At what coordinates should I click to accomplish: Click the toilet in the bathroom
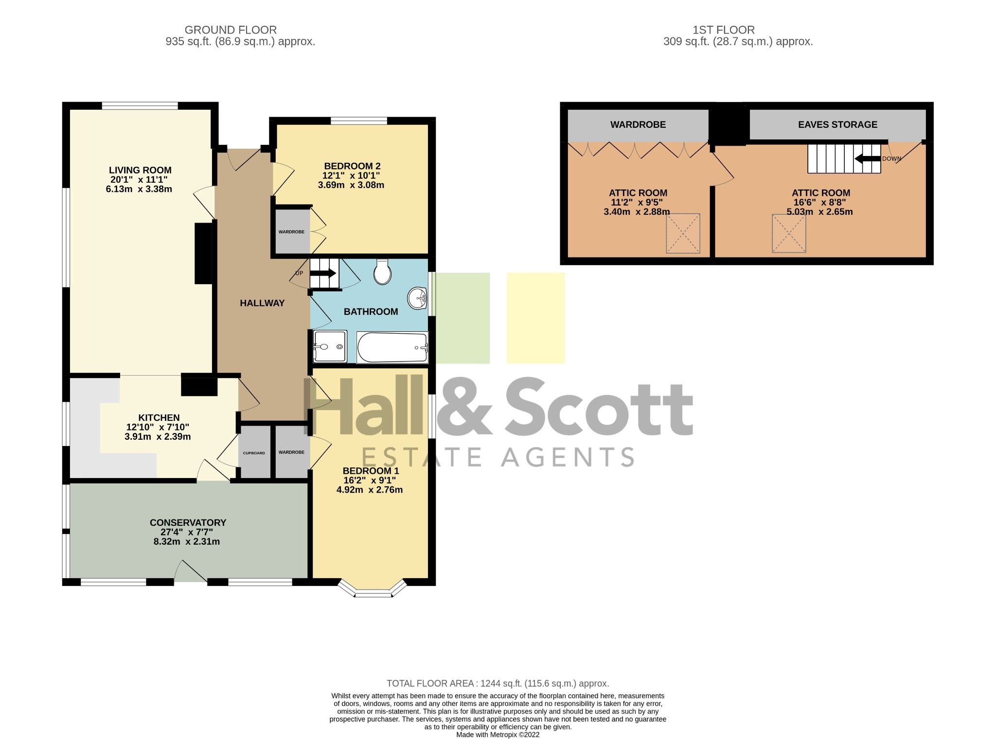(382, 272)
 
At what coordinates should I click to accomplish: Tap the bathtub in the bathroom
(392, 347)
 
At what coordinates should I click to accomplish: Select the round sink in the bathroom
(417, 298)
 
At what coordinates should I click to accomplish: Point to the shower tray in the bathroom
(330, 346)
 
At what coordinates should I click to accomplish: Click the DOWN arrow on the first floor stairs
(868, 158)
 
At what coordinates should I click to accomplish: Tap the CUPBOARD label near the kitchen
(254, 453)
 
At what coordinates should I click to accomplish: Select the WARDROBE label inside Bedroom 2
(291, 232)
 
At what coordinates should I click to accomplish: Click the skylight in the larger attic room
(789, 233)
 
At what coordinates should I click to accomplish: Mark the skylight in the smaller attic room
(683, 233)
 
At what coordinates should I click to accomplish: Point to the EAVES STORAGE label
(837, 124)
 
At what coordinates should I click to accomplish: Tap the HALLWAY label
(262, 303)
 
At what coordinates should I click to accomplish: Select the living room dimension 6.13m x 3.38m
(139, 189)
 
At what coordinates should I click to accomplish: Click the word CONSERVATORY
(188, 522)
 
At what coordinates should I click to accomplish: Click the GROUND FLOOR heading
(231, 30)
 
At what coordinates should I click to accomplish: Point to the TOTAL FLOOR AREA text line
(498, 683)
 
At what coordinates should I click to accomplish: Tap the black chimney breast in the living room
(204, 253)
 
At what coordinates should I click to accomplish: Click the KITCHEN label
(159, 417)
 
